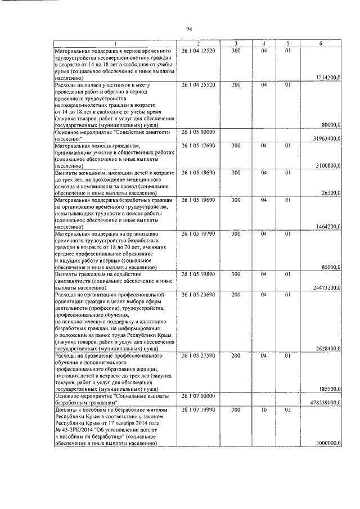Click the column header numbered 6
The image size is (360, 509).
click(x=321, y=43)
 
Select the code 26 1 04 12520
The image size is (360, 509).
click(x=199, y=51)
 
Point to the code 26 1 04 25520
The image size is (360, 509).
click(x=199, y=85)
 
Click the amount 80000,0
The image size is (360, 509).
click(x=331, y=125)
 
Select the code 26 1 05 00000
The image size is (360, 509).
click(x=199, y=132)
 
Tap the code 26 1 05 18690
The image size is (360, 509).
click(x=199, y=173)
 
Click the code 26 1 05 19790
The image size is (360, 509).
click(x=199, y=233)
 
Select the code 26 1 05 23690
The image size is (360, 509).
click(x=199, y=294)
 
